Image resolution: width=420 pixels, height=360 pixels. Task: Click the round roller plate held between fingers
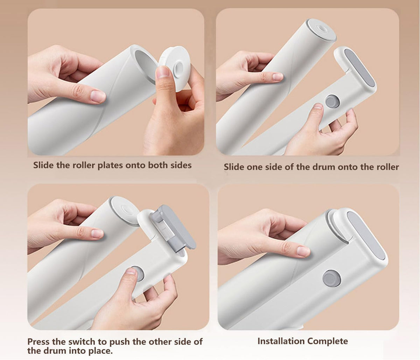175,68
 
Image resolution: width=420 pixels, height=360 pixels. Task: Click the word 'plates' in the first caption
110,165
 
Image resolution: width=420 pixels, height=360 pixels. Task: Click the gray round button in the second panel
332,101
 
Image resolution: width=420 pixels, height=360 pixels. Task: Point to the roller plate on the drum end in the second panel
321,30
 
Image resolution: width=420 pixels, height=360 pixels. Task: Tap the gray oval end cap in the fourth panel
366,236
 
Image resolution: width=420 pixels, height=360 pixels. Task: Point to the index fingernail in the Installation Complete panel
303,251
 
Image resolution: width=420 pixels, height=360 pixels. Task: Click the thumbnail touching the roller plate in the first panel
163,72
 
